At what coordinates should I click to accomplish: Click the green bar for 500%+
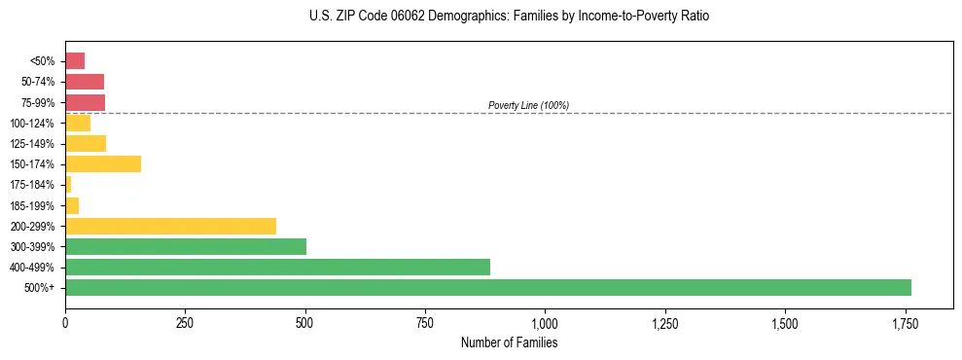click(487, 287)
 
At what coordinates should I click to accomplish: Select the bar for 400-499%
click(277, 267)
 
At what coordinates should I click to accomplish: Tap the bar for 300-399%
click(186, 246)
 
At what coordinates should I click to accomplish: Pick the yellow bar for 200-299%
click(170, 226)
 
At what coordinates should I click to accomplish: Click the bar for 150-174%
click(103, 163)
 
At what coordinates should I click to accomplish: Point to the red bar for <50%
click(75, 60)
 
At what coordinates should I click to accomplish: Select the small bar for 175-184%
click(68, 184)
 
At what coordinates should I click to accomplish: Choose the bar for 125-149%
click(86, 143)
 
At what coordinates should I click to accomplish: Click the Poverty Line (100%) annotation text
click(528, 105)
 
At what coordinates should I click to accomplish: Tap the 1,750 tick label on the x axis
click(905, 322)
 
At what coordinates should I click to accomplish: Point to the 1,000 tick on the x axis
click(545, 322)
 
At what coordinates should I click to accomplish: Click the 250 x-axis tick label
click(185, 322)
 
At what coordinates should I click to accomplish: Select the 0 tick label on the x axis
click(65, 322)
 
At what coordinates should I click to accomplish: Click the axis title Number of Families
click(509, 342)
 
